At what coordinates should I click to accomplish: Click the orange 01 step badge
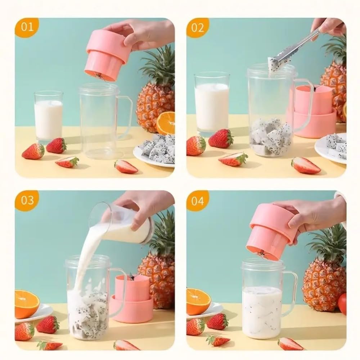tap(27, 27)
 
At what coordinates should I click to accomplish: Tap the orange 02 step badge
tap(198, 27)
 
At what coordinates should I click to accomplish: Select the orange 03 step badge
tap(27, 201)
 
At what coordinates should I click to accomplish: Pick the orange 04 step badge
tap(198, 201)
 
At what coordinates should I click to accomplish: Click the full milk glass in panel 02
tap(212, 104)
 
